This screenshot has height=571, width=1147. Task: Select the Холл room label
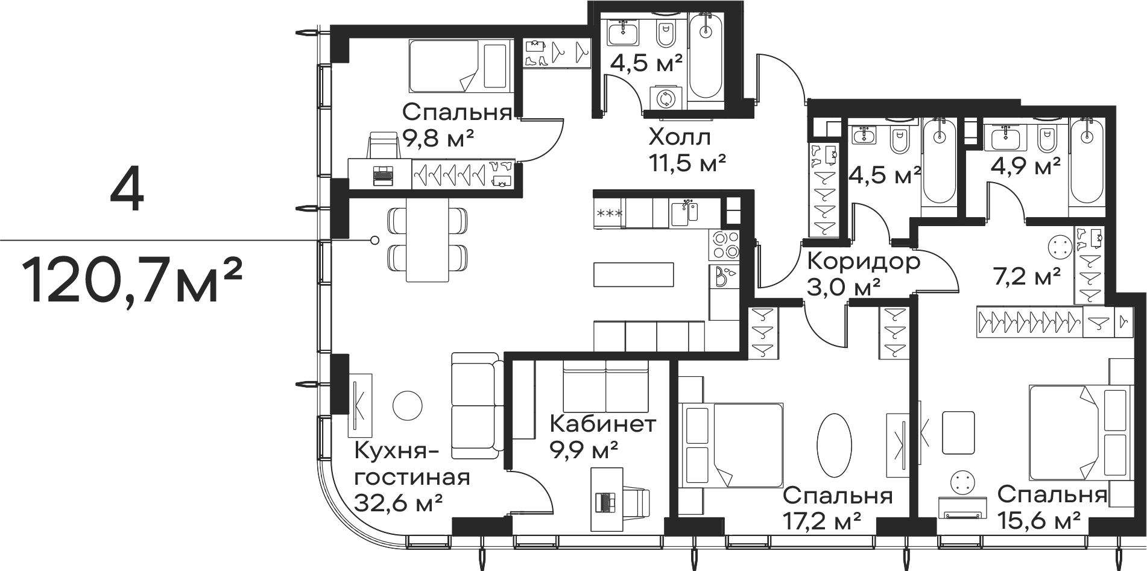(680, 137)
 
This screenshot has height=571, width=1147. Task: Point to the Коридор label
(863, 262)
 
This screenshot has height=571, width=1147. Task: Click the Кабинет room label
(602, 424)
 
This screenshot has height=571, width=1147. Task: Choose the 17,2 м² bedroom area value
(821, 520)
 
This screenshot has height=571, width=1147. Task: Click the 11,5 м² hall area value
(687, 163)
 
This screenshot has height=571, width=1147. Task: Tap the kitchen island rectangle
(634, 275)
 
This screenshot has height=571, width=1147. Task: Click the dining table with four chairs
(428, 240)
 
